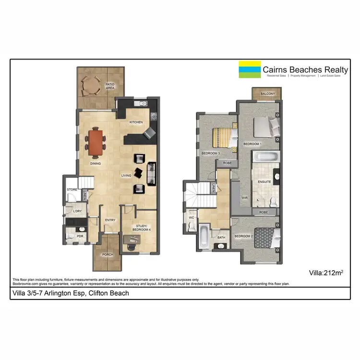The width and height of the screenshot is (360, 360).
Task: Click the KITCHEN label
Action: (x=136, y=122)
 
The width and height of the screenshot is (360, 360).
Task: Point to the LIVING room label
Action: (x=126, y=176)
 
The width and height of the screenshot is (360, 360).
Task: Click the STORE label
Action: (x=72, y=190)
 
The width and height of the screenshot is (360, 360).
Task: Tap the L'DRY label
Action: (x=76, y=211)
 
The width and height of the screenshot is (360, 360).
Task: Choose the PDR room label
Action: (x=74, y=236)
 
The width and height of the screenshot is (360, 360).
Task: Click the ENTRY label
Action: (x=110, y=220)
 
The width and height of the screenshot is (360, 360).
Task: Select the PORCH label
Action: (x=108, y=254)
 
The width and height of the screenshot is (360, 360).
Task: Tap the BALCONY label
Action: (x=268, y=94)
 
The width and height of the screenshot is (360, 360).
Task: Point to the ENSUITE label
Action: (x=264, y=182)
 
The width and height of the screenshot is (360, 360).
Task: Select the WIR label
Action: (x=244, y=197)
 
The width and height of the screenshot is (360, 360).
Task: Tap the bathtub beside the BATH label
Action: (x=204, y=236)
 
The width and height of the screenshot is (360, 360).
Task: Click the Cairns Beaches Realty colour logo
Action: (x=250, y=70)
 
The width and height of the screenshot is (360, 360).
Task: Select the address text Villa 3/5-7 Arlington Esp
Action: (x=70, y=293)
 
